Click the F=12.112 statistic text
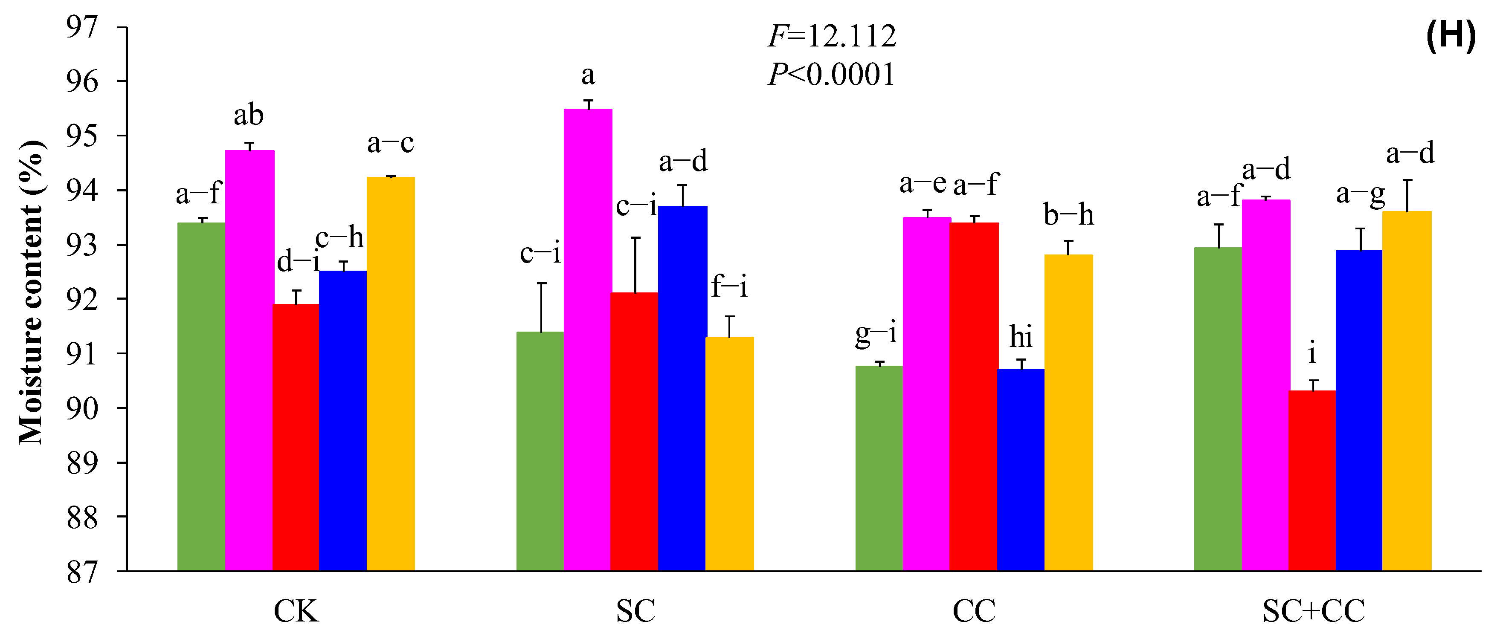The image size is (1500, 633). pyautogui.click(x=832, y=37)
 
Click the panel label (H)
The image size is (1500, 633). pyautogui.click(x=1451, y=36)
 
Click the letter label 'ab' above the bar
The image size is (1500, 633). pyautogui.click(x=249, y=115)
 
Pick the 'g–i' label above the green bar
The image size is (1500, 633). pyautogui.click(x=876, y=335)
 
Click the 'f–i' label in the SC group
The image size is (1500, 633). pyautogui.click(x=729, y=287)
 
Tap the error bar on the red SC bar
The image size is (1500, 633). pyautogui.click(x=635, y=265)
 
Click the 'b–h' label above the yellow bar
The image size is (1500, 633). pyautogui.click(x=1068, y=215)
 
